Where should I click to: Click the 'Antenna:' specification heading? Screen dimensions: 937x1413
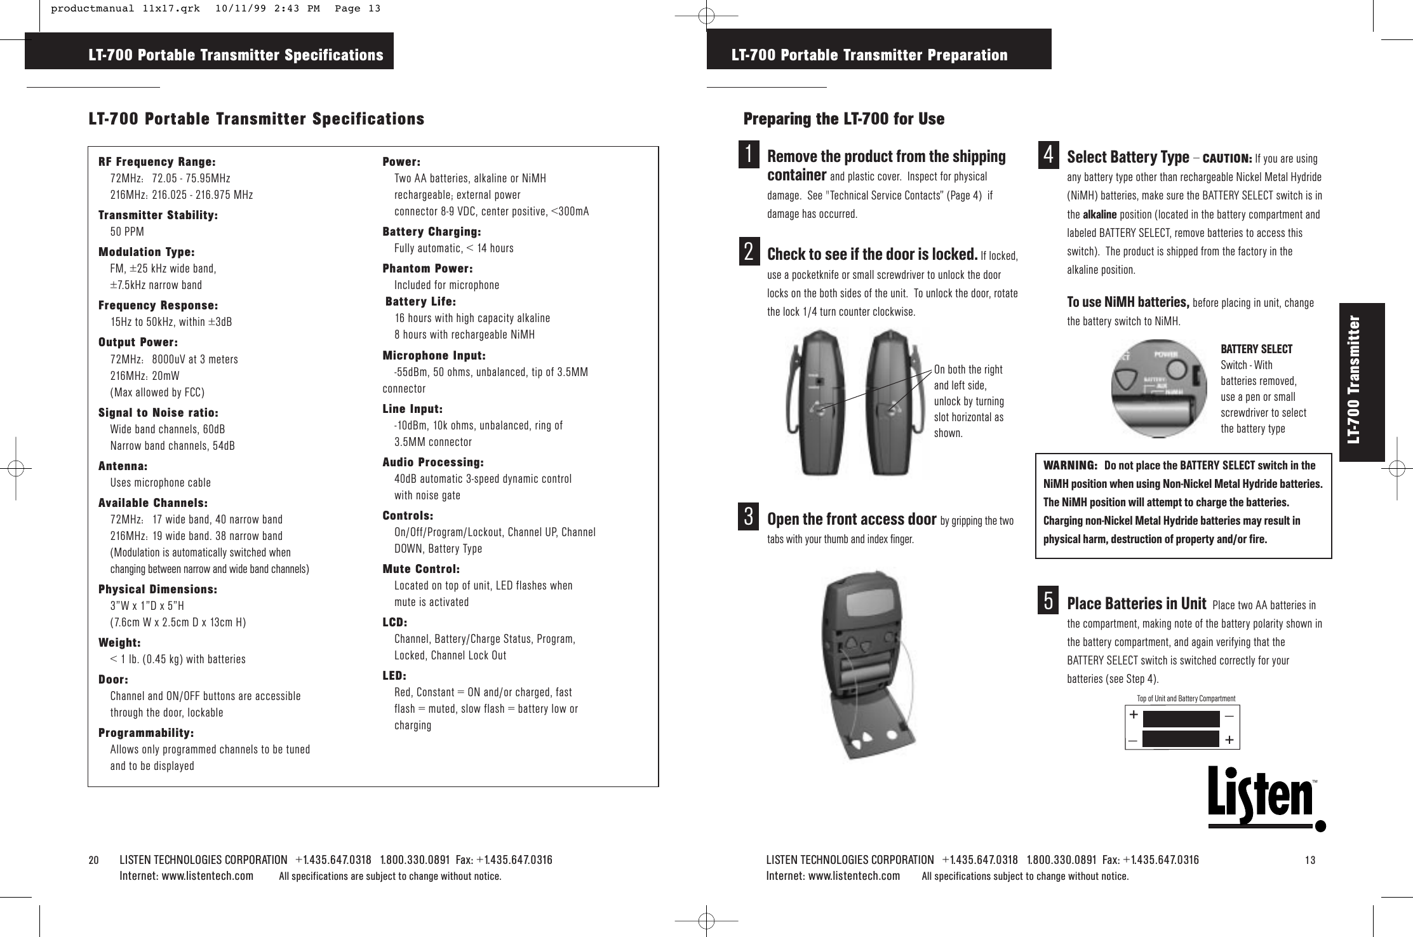(x=123, y=466)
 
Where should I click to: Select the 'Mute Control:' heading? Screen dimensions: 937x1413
(x=421, y=569)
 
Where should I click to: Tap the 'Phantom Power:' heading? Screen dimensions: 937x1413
(x=427, y=268)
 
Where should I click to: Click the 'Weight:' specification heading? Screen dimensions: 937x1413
(x=119, y=643)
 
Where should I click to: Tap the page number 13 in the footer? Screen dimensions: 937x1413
(x=1310, y=860)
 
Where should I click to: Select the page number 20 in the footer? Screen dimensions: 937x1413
(x=94, y=860)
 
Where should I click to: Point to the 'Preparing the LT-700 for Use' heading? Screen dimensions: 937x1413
(x=844, y=119)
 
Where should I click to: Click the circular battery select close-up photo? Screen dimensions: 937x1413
(x=1158, y=388)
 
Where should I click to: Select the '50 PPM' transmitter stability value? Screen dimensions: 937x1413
(x=127, y=231)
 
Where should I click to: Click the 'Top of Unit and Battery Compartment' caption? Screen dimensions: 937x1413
(x=1186, y=699)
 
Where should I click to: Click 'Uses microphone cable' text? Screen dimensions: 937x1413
(x=161, y=483)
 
